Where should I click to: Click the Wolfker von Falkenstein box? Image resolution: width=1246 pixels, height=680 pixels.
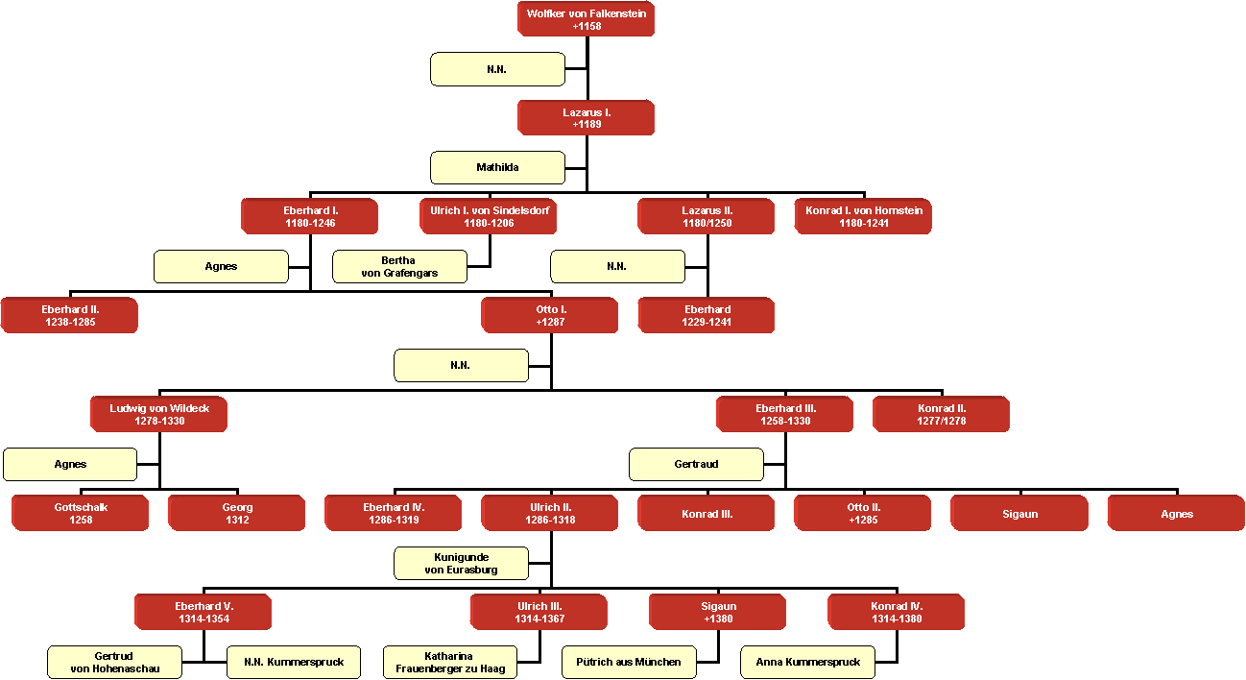(x=586, y=19)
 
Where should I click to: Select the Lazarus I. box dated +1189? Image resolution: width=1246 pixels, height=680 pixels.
(x=586, y=118)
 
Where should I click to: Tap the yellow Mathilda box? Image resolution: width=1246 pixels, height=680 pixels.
(x=497, y=167)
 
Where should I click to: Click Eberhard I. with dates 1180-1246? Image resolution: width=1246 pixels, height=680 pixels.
(x=309, y=216)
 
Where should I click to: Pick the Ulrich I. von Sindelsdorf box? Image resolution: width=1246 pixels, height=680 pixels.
(x=488, y=216)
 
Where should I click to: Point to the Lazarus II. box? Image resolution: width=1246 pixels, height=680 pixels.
(x=707, y=216)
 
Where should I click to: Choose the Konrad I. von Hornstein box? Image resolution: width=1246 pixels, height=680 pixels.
(x=863, y=216)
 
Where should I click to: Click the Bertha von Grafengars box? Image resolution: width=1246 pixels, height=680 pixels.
(x=399, y=266)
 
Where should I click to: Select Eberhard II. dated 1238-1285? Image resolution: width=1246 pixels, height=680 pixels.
(x=69, y=315)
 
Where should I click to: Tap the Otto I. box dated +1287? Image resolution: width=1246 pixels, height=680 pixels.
(x=550, y=315)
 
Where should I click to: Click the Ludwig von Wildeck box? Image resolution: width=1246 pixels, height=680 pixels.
(x=158, y=414)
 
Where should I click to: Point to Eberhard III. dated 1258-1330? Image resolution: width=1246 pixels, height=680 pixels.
(x=784, y=414)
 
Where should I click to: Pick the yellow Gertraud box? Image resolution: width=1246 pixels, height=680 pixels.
(x=696, y=464)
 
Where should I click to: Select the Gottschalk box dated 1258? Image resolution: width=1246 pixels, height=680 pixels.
(x=80, y=513)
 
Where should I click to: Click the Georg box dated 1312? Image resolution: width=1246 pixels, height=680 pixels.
(x=237, y=513)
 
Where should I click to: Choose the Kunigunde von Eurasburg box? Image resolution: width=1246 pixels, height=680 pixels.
(x=461, y=563)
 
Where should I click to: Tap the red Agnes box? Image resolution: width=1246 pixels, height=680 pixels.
(x=1176, y=513)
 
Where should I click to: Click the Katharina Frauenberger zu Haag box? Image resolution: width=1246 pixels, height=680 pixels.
(x=450, y=662)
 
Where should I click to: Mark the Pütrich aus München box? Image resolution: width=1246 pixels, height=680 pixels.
(x=629, y=662)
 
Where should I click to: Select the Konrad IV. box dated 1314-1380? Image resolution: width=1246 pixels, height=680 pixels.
(x=897, y=612)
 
